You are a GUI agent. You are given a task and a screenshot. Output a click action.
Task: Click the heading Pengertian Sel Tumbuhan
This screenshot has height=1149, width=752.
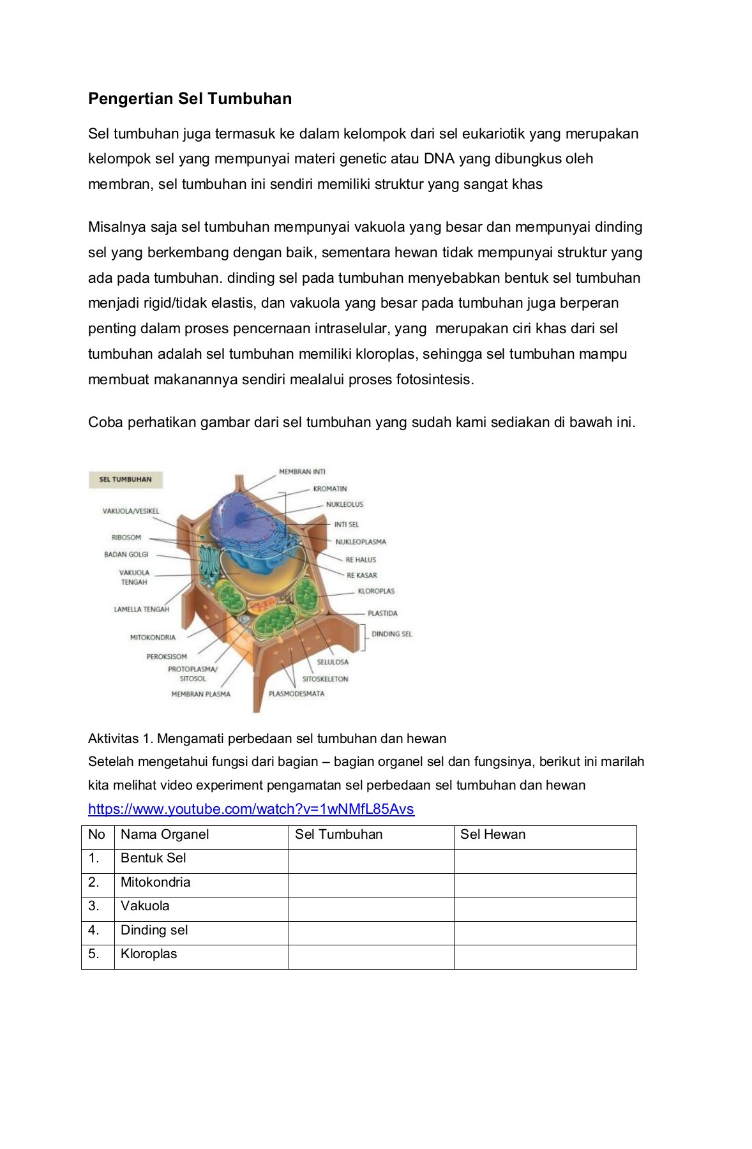(x=190, y=98)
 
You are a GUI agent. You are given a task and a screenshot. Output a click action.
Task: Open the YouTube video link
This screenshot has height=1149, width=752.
(x=251, y=809)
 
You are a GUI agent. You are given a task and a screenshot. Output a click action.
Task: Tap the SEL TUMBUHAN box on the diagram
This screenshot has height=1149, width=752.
(x=126, y=479)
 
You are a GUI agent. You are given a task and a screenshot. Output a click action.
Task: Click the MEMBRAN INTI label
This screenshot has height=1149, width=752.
(x=302, y=472)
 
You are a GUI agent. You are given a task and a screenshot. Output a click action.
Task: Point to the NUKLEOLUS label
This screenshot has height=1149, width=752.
(x=344, y=504)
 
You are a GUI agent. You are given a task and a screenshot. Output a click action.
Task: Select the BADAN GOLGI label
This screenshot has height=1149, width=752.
(x=126, y=554)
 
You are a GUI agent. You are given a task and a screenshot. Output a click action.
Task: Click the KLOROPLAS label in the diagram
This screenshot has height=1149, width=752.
(x=376, y=591)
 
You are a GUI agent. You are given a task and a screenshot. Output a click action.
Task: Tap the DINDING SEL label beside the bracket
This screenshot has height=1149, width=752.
(x=391, y=634)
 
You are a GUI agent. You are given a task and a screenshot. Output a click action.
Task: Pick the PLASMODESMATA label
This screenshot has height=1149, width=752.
(x=296, y=694)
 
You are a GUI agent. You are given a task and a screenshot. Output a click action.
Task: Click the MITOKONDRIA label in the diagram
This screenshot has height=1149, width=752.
(x=153, y=637)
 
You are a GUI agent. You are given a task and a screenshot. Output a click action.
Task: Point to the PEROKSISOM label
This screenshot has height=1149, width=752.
(x=167, y=656)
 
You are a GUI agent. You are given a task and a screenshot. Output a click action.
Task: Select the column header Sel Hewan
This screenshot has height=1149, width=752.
(x=493, y=834)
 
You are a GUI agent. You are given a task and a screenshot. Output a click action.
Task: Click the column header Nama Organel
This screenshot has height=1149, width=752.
(x=165, y=834)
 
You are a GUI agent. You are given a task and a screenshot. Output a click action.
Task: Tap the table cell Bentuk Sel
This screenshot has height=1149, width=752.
(x=153, y=858)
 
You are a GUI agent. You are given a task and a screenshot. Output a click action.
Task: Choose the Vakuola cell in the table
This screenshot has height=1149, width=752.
(x=145, y=906)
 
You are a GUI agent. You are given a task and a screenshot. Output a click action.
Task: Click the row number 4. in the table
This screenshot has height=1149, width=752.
(x=94, y=930)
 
